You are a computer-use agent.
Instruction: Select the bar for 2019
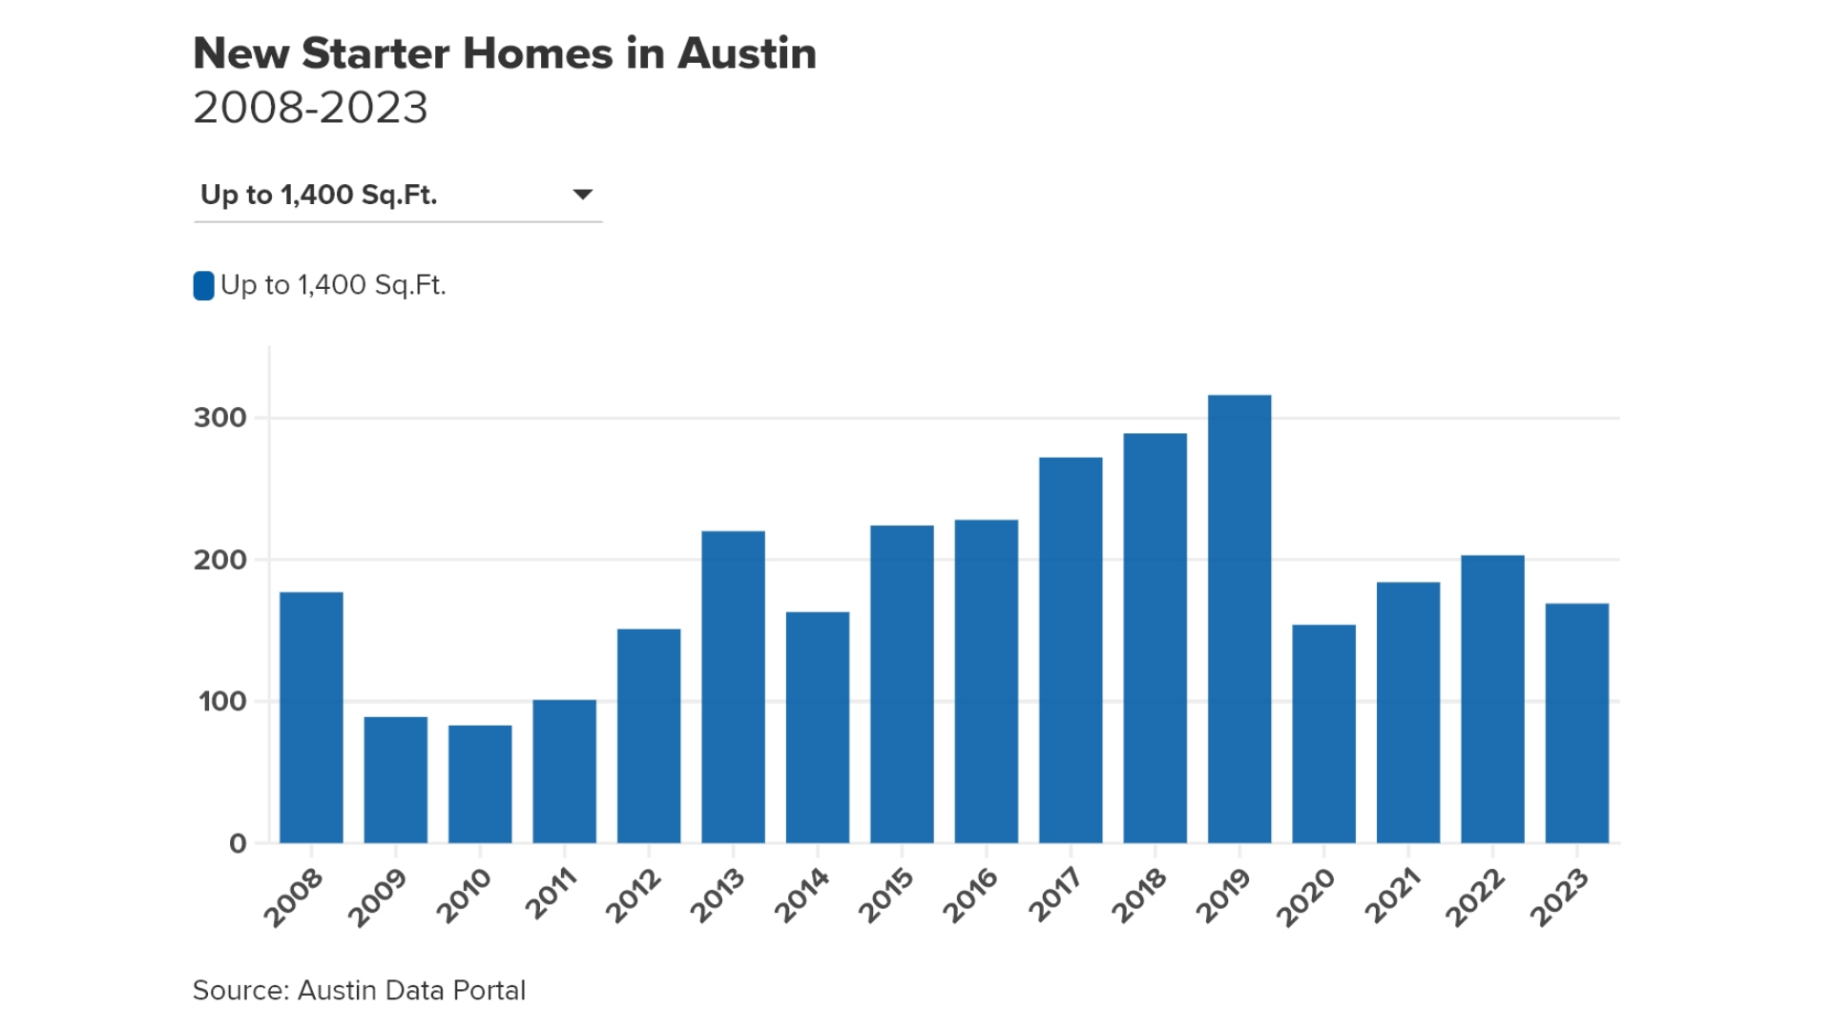click(1239, 620)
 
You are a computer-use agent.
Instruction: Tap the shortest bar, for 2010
click(480, 784)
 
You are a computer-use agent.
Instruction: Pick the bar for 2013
click(733, 687)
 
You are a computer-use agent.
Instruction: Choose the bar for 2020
click(1323, 734)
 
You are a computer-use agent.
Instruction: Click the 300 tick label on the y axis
click(219, 418)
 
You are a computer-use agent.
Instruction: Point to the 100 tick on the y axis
click(221, 702)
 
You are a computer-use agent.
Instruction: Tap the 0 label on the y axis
click(238, 844)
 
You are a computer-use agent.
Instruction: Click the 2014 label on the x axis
click(801, 896)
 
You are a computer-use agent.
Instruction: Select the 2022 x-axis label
click(1475, 897)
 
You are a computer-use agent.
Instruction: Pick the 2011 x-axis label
click(552, 894)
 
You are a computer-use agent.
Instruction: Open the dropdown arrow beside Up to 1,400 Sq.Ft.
click(582, 195)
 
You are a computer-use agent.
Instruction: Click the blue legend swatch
click(203, 285)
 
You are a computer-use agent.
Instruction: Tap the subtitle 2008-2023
click(310, 107)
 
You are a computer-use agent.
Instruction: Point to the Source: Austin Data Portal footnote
click(359, 990)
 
